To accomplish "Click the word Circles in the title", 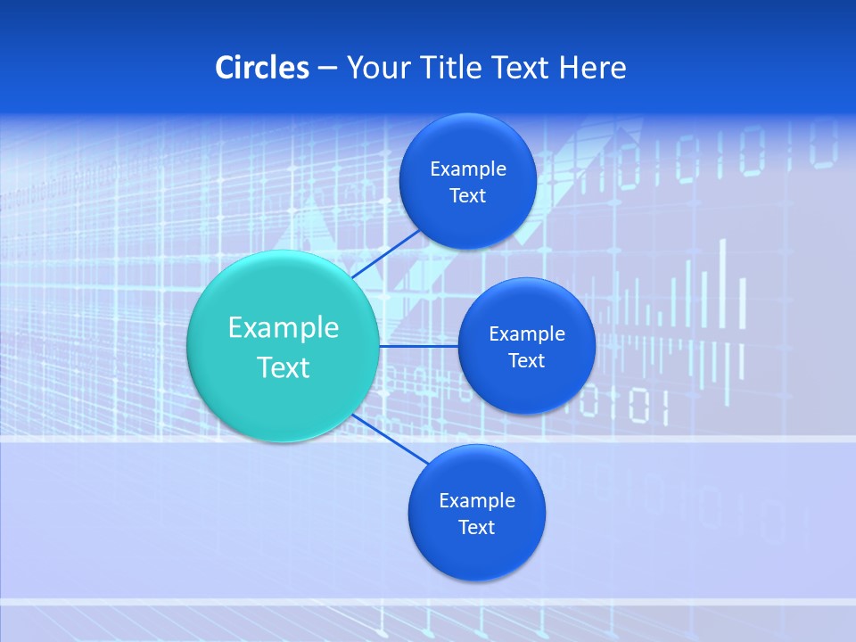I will pos(261,68).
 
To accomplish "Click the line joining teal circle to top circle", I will pos(387,254).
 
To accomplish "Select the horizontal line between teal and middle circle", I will pos(418,346).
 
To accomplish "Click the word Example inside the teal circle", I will pos(284,328).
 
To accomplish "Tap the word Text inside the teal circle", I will pos(284,367).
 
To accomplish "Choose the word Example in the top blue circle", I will pos(468,169).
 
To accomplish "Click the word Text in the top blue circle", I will pos(467,196).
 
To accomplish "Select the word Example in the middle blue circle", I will pos(527,334).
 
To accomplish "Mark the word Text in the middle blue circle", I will pos(526,361).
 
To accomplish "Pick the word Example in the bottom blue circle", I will pos(477,501).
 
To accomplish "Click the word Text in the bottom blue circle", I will pos(476,528).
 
